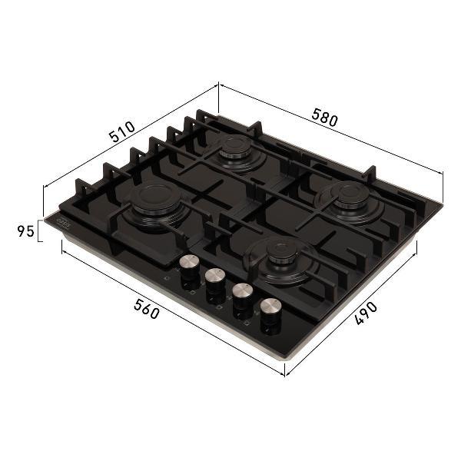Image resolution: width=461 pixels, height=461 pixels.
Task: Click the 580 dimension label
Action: (x=324, y=118)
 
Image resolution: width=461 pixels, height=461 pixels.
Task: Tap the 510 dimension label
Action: (x=121, y=131)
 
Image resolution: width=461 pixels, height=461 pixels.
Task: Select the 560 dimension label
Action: (x=147, y=309)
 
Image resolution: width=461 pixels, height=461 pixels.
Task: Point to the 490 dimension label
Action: (x=366, y=313)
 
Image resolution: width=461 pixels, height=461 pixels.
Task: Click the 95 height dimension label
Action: (x=26, y=231)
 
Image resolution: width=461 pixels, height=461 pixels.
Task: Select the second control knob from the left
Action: (x=215, y=280)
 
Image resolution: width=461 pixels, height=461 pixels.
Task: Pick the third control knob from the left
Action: (x=243, y=294)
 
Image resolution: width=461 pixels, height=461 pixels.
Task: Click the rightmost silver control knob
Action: (x=270, y=310)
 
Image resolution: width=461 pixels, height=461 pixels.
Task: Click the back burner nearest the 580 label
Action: (x=236, y=148)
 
